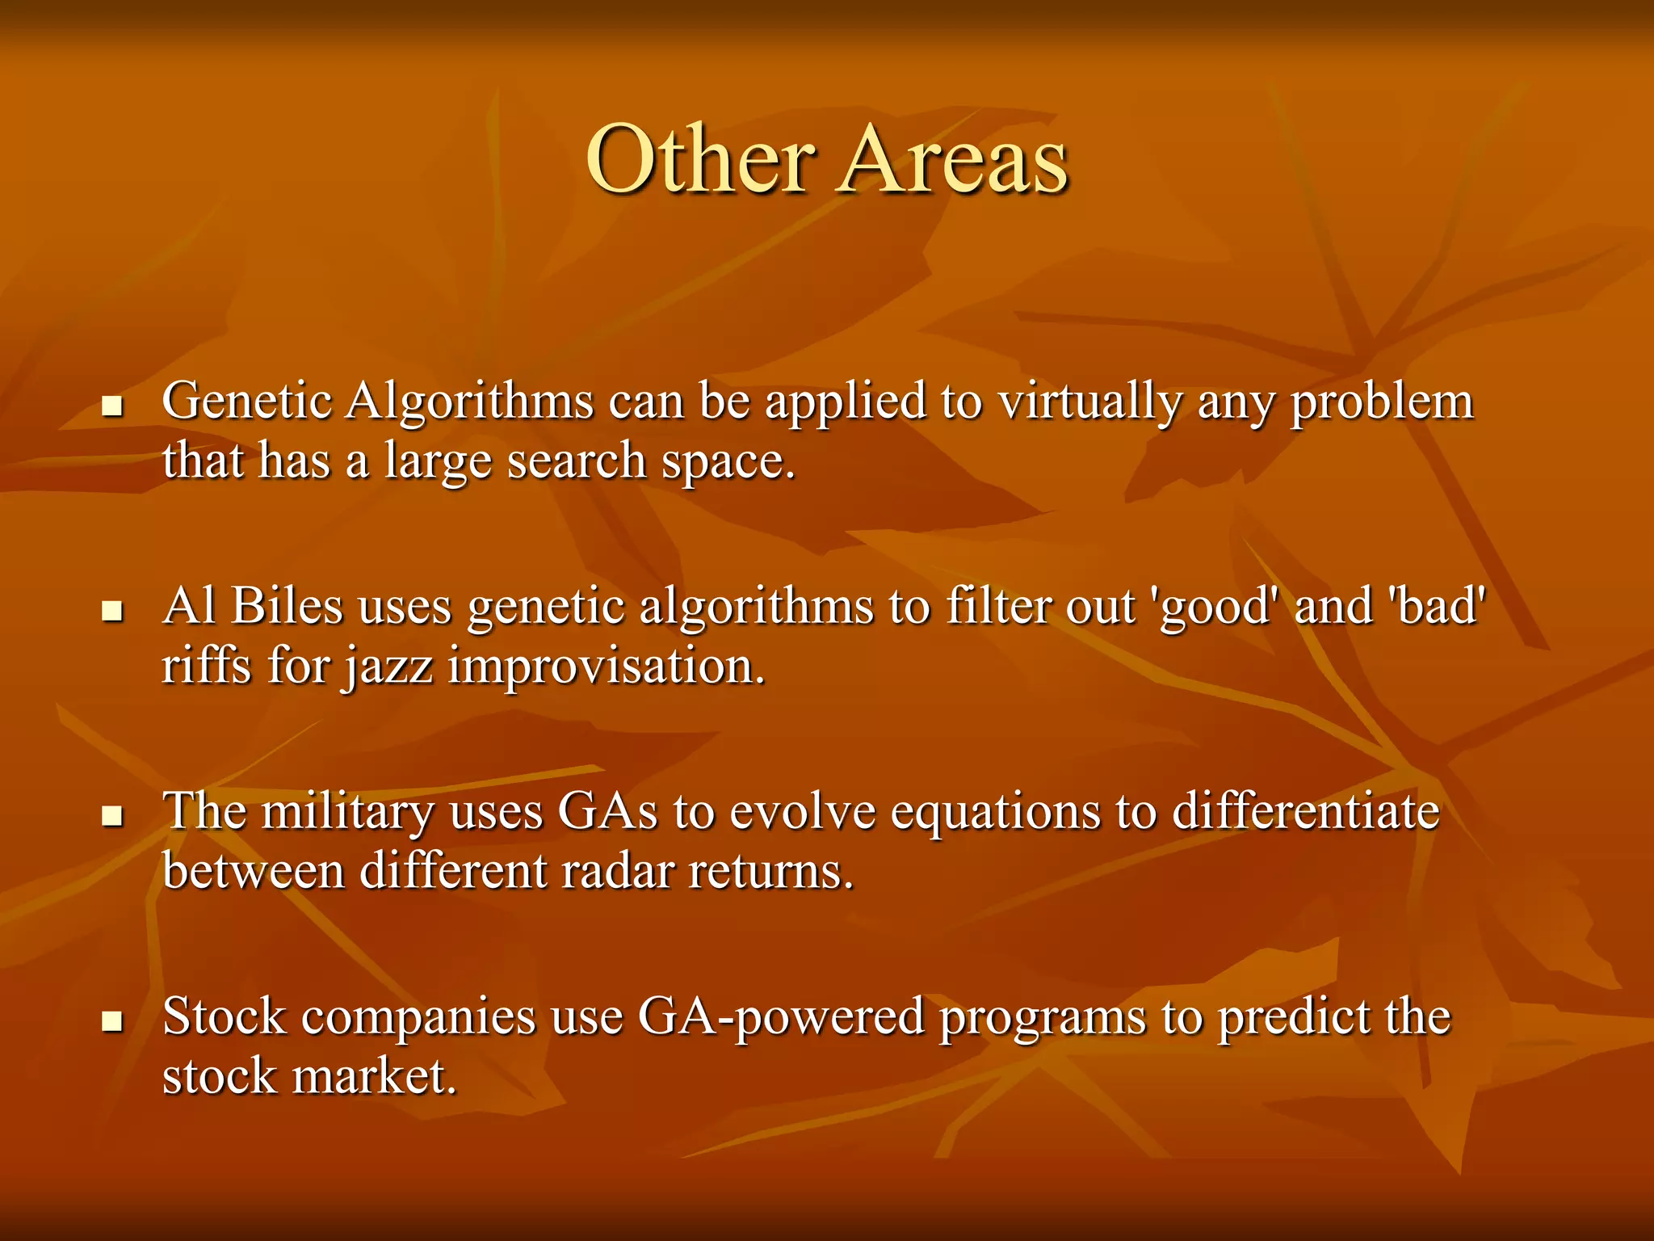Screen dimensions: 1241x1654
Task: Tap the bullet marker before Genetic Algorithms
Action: (x=112, y=405)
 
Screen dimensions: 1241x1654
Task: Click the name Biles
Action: (x=287, y=606)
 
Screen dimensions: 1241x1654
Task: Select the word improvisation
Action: (x=606, y=667)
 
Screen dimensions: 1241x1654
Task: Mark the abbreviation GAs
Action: (x=607, y=812)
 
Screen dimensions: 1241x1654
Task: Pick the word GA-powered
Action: (x=780, y=1018)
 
